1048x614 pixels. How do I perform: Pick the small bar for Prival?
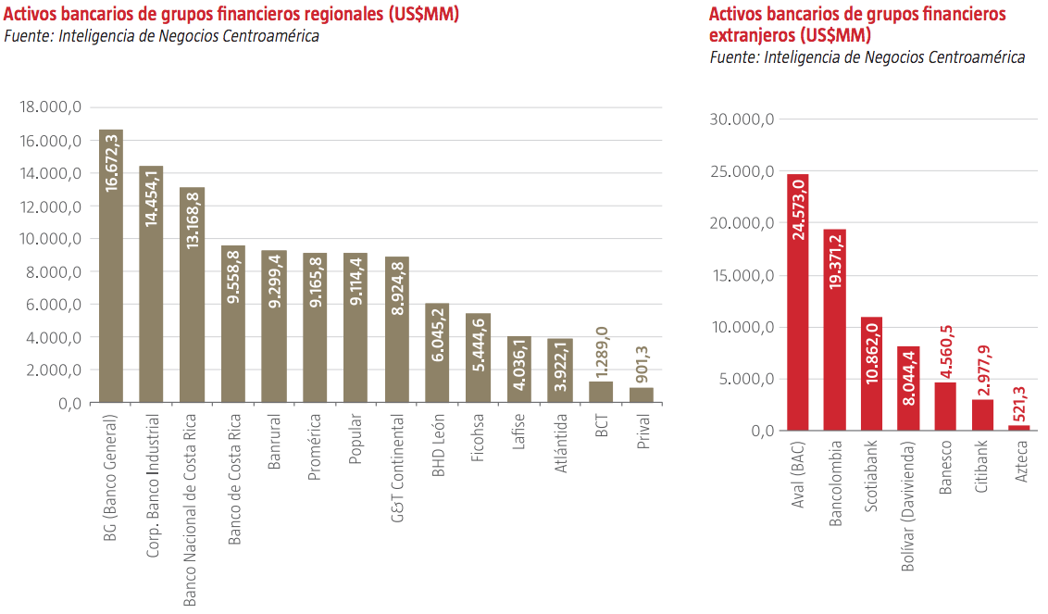[641, 395]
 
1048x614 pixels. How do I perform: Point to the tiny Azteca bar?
[1018, 428]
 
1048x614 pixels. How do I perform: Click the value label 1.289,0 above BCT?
[602, 351]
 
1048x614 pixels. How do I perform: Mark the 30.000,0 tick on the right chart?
[742, 119]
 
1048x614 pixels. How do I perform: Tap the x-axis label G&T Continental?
[396, 469]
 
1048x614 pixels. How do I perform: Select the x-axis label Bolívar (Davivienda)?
[908, 507]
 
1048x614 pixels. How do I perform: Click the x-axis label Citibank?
[981, 468]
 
